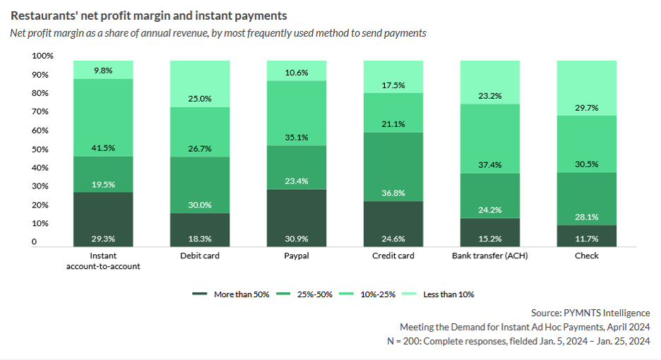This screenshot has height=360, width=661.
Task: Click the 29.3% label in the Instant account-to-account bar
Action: click(x=103, y=239)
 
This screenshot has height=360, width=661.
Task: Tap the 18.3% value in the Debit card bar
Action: click(x=200, y=239)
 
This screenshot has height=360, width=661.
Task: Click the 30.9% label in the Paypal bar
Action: click(x=297, y=239)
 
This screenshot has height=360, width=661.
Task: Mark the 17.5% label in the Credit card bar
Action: click(x=393, y=85)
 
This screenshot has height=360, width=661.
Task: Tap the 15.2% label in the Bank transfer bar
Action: click(x=490, y=239)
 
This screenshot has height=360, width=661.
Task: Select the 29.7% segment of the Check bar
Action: click(x=586, y=88)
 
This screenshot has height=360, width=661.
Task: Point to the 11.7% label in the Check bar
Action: click(x=586, y=239)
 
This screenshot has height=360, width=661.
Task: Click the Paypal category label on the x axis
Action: click(x=297, y=256)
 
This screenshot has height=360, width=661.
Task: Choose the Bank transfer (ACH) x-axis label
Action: click(x=490, y=256)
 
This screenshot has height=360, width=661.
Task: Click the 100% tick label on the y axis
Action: click(x=42, y=56)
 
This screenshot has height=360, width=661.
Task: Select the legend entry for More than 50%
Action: click(x=232, y=294)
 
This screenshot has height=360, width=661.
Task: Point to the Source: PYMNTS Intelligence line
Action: click(x=590, y=313)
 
